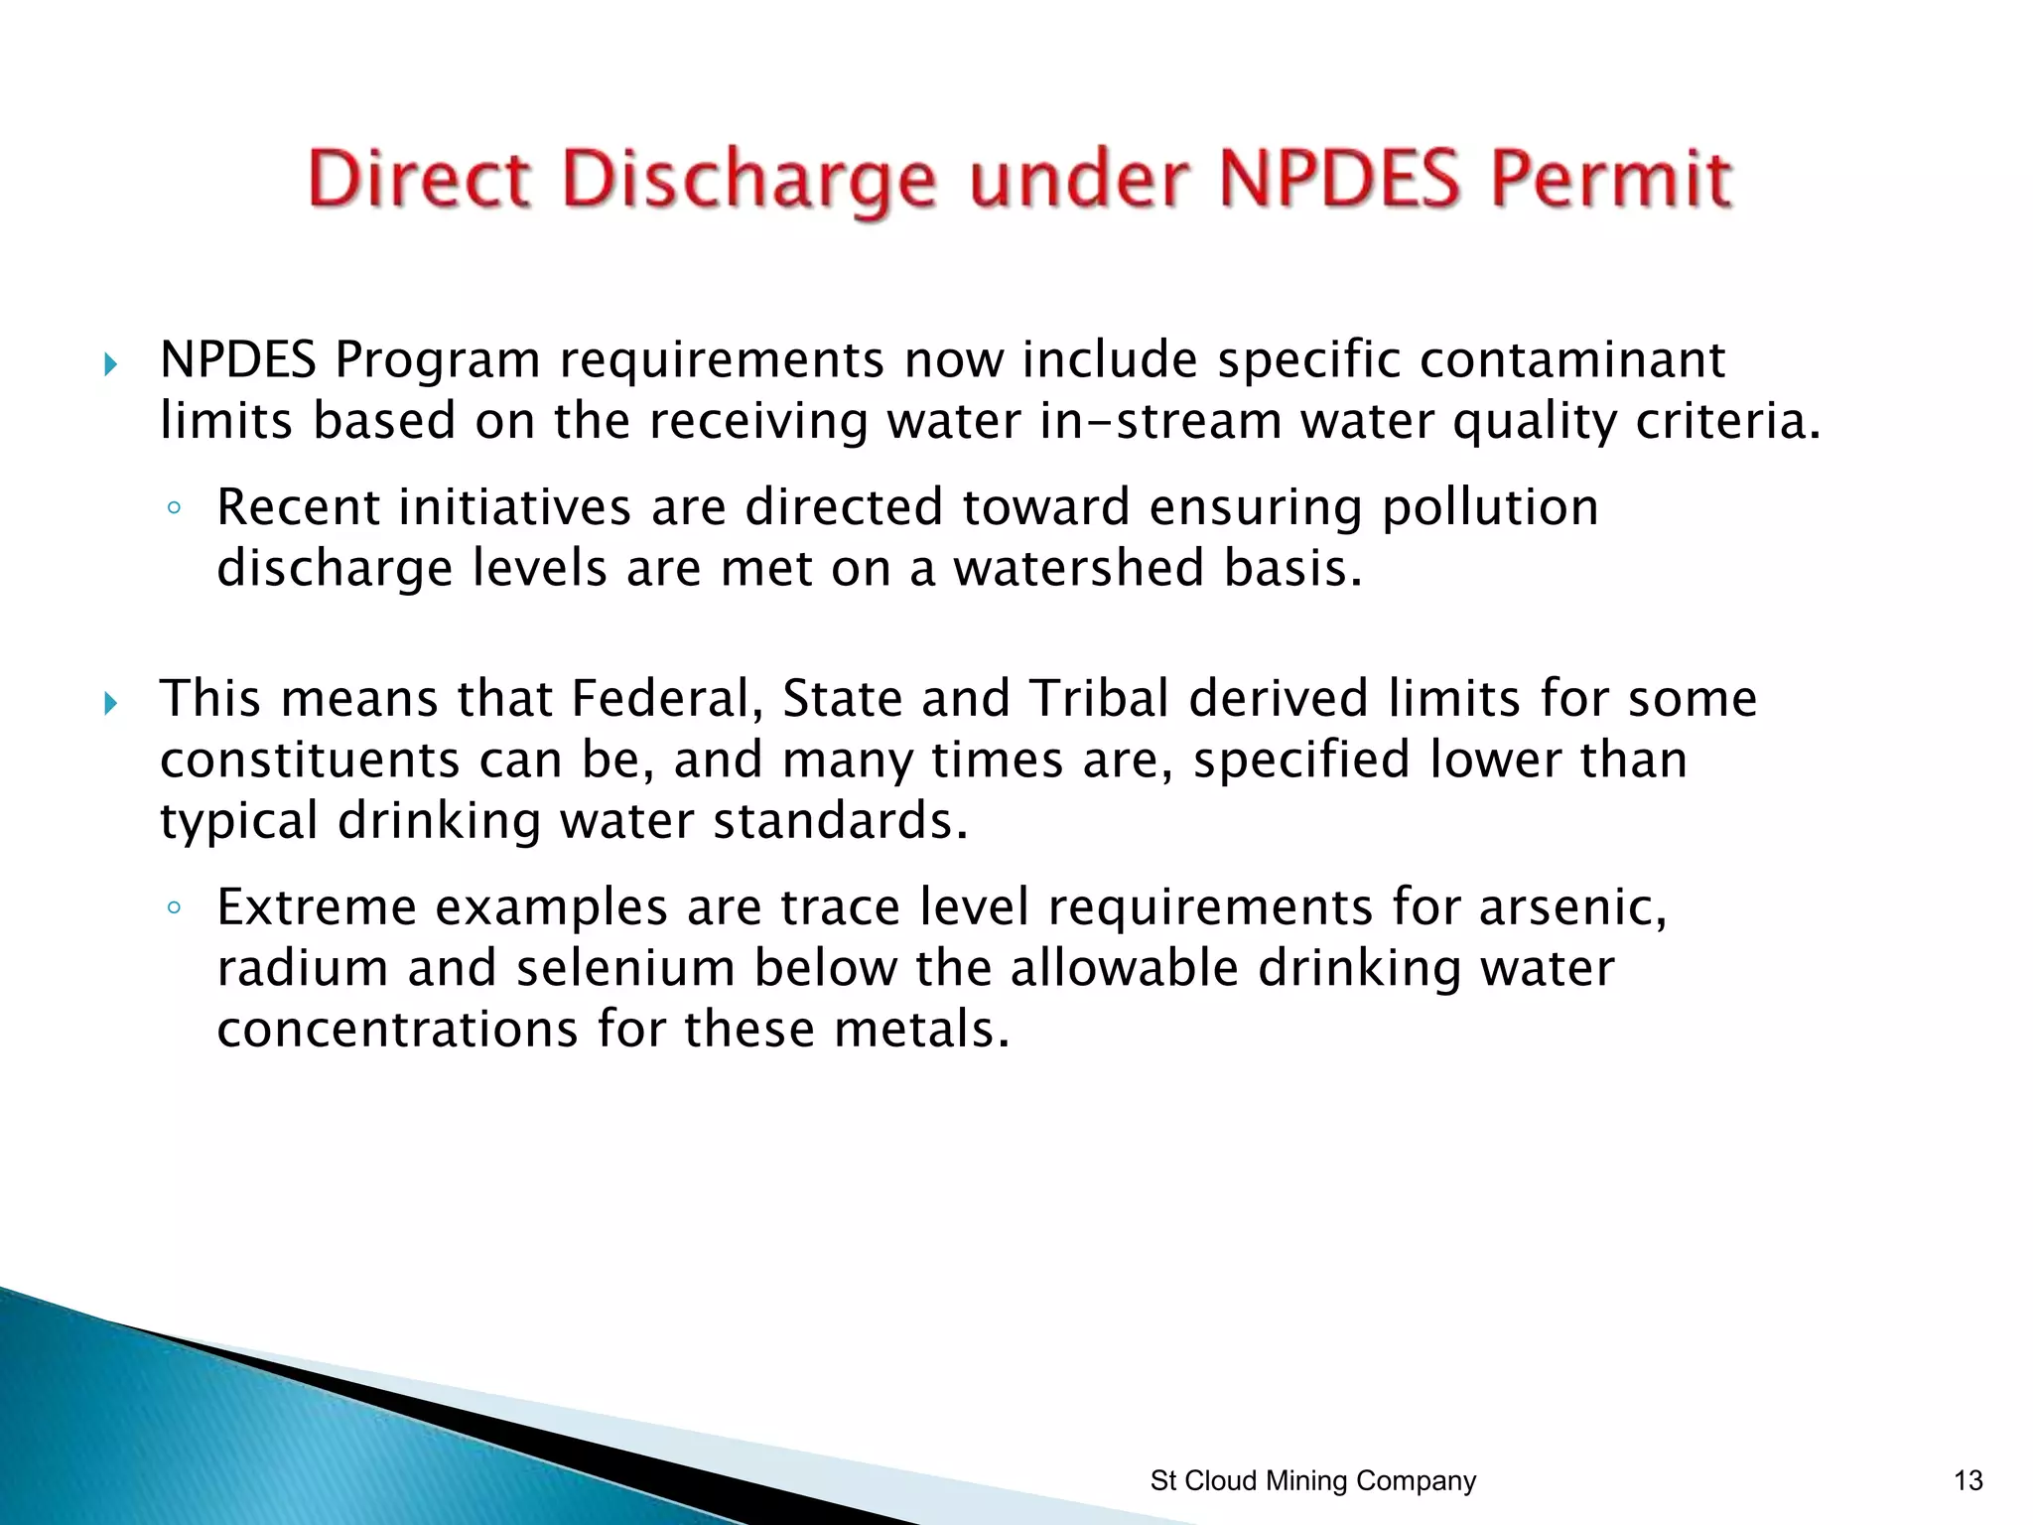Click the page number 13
click(x=1967, y=1481)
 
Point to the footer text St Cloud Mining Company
click(x=1312, y=1481)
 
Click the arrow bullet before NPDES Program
click(x=110, y=365)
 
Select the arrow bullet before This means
click(x=110, y=704)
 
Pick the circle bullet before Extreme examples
click(x=174, y=907)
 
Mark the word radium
click(x=303, y=968)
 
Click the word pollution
click(x=1490, y=508)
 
